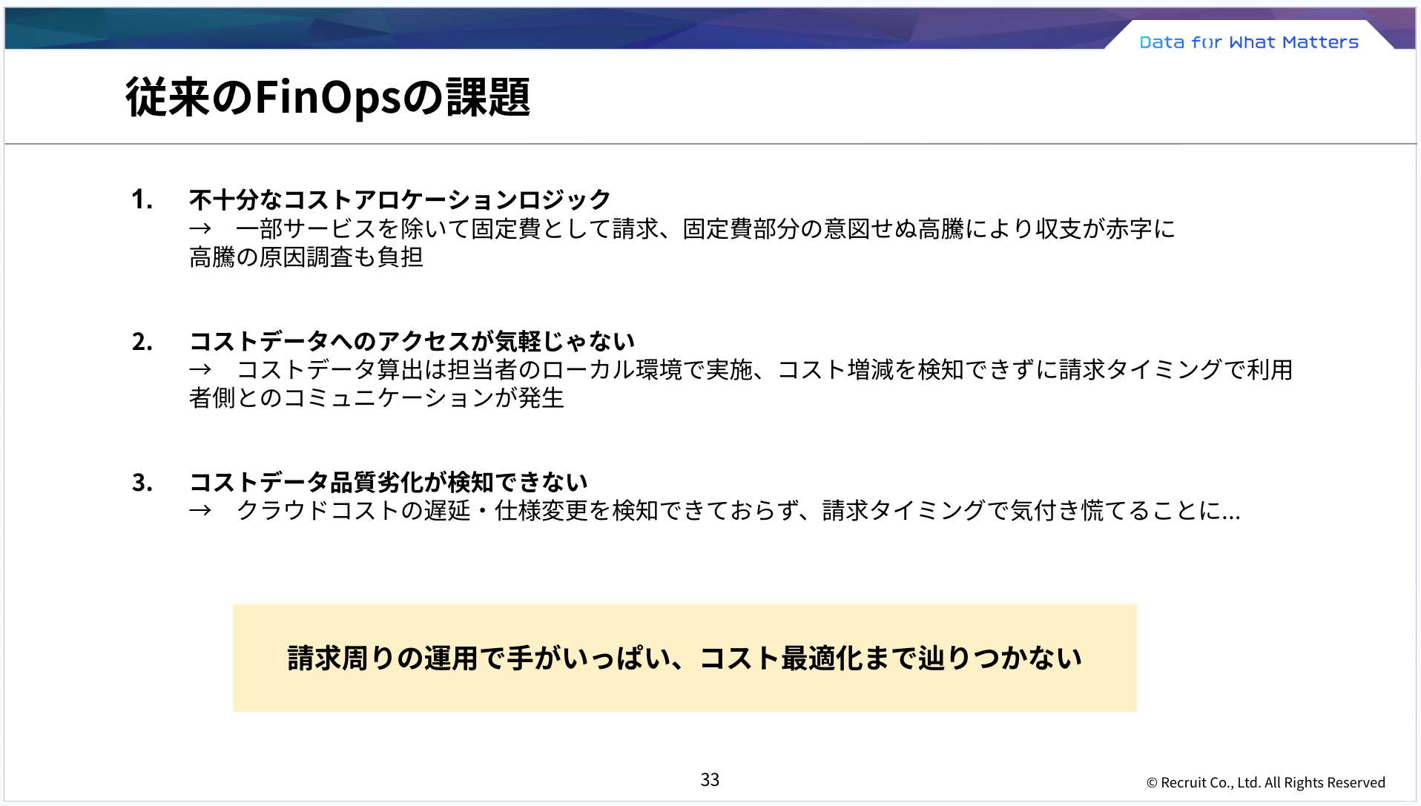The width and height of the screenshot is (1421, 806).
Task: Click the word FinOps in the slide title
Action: [329, 98]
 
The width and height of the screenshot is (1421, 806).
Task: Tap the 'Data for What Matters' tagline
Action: [1249, 42]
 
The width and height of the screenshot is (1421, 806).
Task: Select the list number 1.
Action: [142, 199]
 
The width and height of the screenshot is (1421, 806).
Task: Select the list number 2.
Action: [142, 342]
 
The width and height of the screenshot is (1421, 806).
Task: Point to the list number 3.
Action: [142, 483]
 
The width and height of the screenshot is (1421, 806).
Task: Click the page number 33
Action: [710, 779]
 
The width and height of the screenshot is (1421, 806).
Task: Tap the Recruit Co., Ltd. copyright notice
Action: [1265, 782]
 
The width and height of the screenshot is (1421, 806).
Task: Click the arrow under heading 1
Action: [200, 229]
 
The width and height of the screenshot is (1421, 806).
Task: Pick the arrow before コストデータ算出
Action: [200, 370]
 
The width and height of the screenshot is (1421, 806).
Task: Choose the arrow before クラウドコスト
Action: [200, 511]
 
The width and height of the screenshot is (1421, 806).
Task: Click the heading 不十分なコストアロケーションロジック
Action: [400, 199]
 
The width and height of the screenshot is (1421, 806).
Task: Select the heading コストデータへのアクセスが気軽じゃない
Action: [412, 342]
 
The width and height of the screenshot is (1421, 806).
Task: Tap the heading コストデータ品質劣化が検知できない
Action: [388, 483]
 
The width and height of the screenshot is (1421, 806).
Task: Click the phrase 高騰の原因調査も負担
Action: [306, 257]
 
